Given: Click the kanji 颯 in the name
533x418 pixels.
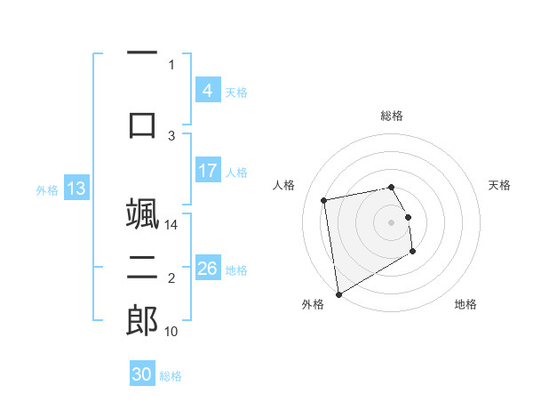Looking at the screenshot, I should click(x=142, y=216).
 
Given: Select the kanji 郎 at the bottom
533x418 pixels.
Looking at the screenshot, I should click(x=142, y=321).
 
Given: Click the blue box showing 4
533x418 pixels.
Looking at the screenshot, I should click(x=207, y=91).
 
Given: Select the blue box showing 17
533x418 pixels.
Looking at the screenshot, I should click(x=207, y=171).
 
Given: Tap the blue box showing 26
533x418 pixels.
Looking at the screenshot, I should click(x=207, y=269).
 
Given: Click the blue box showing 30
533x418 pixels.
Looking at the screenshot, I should click(x=142, y=374).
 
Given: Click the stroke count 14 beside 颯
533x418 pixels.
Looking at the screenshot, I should click(x=172, y=225).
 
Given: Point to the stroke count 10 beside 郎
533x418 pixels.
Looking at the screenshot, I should click(x=172, y=332).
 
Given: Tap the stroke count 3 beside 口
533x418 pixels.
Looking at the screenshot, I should click(x=172, y=136).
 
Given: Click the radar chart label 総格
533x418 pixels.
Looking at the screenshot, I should click(x=391, y=116).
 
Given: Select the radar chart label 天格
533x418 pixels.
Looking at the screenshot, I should click(x=499, y=185).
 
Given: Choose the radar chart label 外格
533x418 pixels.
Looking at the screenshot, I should click(x=313, y=304).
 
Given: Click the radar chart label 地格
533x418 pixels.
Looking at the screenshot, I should click(x=465, y=304).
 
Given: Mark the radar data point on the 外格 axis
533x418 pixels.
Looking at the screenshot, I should click(x=338, y=293).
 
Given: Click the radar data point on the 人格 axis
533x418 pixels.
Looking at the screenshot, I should click(x=324, y=199).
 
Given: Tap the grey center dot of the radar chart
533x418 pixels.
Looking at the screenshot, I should click(x=391, y=221).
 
